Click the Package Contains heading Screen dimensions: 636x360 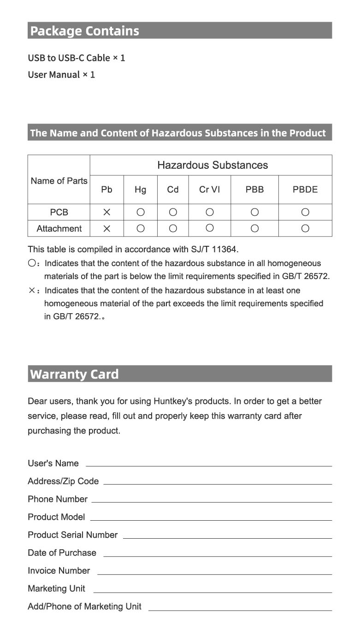pyautogui.click(x=84, y=31)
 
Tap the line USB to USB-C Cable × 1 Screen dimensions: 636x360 pyautogui.click(x=77, y=58)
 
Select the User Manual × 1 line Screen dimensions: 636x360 pyautogui.click(x=61, y=75)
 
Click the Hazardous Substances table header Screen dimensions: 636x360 pyautogui.click(x=212, y=165)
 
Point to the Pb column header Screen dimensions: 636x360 pyautogui.click(x=106, y=190)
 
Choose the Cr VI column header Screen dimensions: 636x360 pyautogui.click(x=209, y=190)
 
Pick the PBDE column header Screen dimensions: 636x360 pyautogui.click(x=305, y=190)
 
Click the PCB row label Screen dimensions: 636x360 pyautogui.click(x=59, y=212)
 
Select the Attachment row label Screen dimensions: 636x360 pyautogui.click(x=59, y=228)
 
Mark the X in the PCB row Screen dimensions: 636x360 pyautogui.click(x=106, y=212)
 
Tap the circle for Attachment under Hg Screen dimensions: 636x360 pyautogui.click(x=141, y=228)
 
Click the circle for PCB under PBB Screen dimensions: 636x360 pyautogui.click(x=254, y=212)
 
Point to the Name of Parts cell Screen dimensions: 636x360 pyautogui.click(x=59, y=181)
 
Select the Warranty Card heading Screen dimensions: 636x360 pyautogui.click(x=74, y=374)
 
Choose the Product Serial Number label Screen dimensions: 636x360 pyautogui.click(x=72, y=535)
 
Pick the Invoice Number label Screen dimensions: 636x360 pyautogui.click(x=59, y=571)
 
